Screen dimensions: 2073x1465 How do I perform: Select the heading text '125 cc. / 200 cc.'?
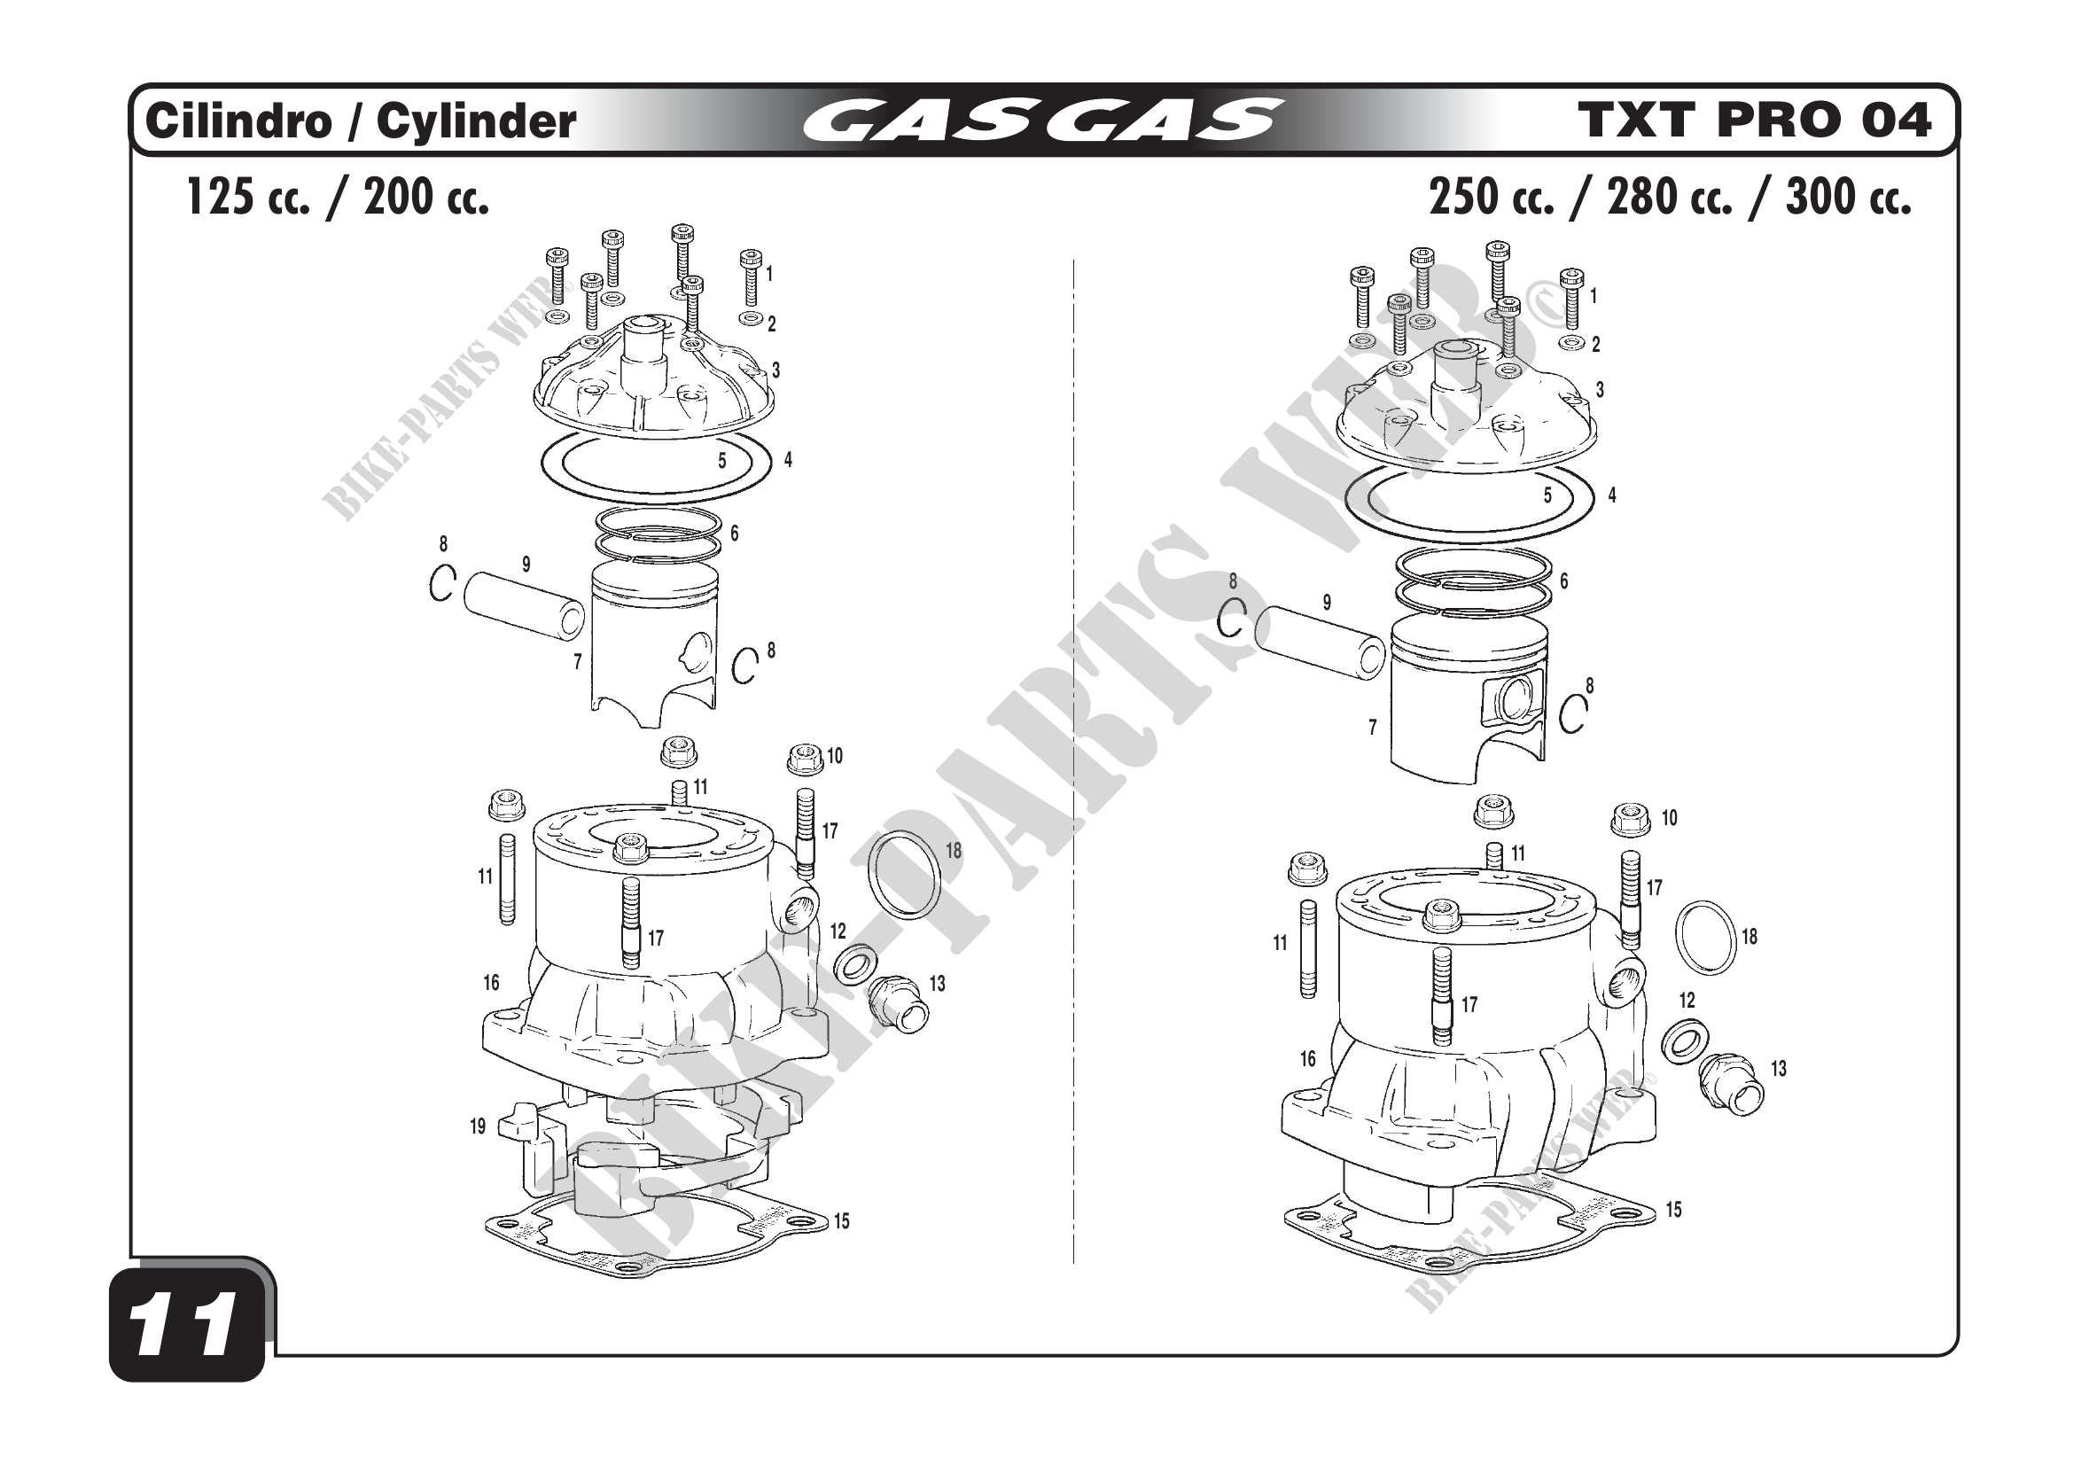pyautogui.click(x=338, y=196)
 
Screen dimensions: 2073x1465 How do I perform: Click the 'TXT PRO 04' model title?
pyautogui.click(x=1755, y=120)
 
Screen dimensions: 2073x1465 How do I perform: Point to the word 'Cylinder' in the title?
pyautogui.click(x=476, y=121)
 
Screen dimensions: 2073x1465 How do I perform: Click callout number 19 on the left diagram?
pyautogui.click(x=478, y=1126)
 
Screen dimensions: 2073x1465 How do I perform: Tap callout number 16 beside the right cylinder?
pyautogui.click(x=1307, y=1058)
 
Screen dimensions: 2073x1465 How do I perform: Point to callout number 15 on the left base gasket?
pyautogui.click(x=841, y=1221)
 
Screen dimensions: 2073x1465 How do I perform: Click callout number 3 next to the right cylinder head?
pyautogui.click(x=1600, y=390)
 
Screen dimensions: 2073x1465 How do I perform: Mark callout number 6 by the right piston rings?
pyautogui.click(x=1563, y=581)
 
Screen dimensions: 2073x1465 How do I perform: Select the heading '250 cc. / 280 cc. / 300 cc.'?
pyautogui.click(x=1671, y=196)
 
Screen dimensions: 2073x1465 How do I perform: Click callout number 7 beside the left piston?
pyautogui.click(x=577, y=662)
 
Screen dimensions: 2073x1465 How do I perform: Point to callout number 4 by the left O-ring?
pyautogui.click(x=788, y=459)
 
